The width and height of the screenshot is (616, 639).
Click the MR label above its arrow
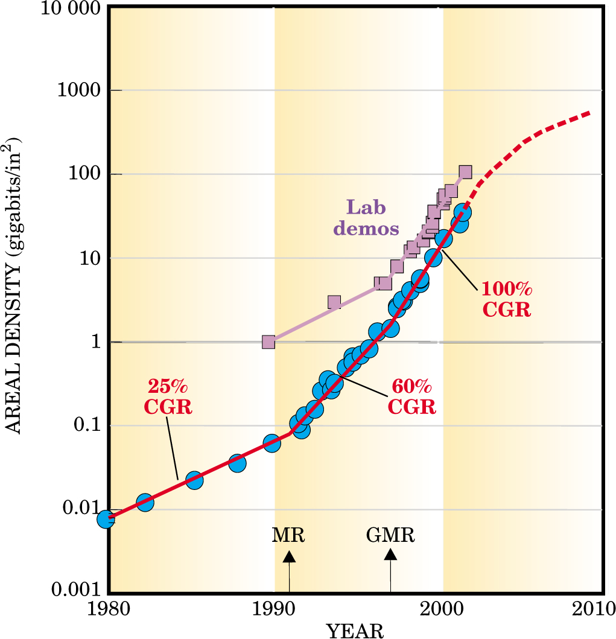288,535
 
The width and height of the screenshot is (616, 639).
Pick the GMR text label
390,535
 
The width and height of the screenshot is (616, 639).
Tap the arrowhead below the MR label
289,557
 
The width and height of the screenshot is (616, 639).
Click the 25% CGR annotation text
168,395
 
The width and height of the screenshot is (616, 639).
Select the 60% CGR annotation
411,395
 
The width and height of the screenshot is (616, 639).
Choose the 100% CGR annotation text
506,299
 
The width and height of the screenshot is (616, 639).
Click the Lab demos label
366,218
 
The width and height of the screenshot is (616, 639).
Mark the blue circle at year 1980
106,519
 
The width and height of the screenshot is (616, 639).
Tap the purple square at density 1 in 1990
268,342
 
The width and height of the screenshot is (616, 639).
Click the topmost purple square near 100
465,172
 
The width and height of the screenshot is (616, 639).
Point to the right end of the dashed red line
589,113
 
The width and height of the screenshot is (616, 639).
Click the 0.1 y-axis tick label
87,425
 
